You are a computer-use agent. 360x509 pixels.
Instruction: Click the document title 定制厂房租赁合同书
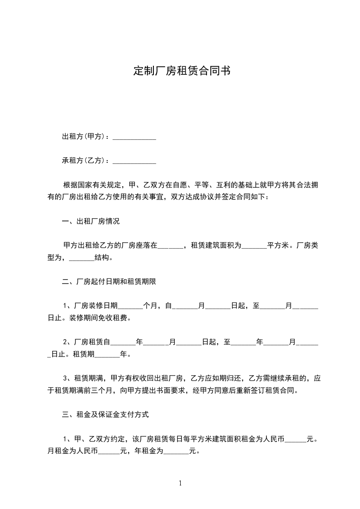coord(182,71)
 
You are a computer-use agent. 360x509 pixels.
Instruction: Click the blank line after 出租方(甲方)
coord(134,137)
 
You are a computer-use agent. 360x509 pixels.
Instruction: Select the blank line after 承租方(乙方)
coord(134,161)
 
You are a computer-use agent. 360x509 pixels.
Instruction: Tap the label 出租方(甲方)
coord(84,137)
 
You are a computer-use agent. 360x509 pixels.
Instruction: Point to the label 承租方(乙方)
coord(84,160)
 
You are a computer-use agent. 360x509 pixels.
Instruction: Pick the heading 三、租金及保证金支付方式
coord(105,414)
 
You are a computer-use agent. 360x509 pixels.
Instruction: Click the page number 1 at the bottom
coord(180,483)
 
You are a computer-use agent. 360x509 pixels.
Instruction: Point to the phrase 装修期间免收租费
coord(99,318)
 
